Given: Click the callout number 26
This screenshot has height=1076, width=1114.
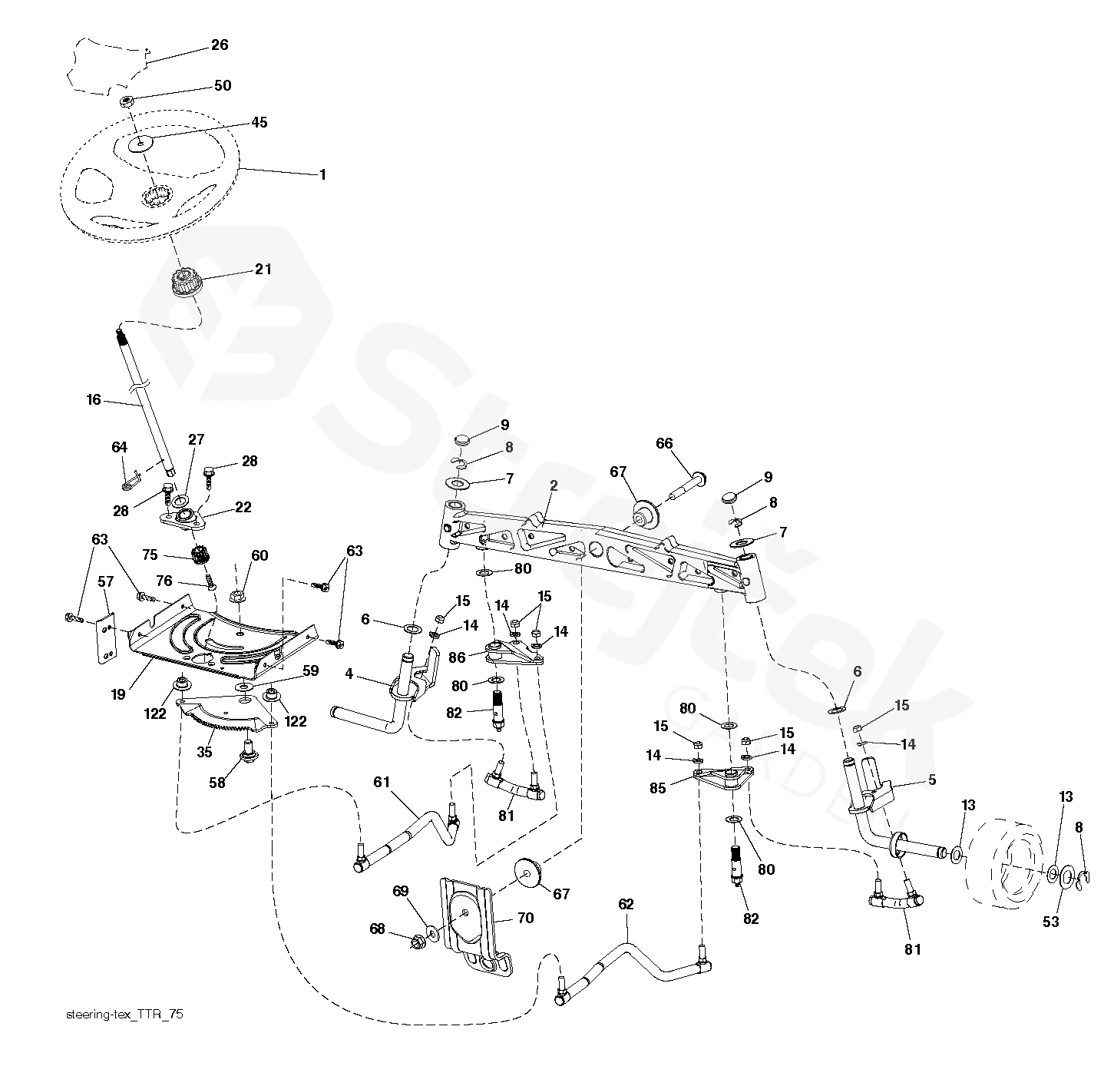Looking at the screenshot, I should [x=220, y=45].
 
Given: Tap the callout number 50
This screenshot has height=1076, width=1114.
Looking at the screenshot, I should [x=223, y=86].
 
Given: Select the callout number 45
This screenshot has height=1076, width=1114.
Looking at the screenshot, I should [x=259, y=123].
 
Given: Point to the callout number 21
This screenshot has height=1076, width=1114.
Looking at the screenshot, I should [x=263, y=269].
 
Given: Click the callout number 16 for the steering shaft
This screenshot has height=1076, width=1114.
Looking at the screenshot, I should [x=94, y=400].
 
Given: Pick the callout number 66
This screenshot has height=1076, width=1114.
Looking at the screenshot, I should [x=664, y=443].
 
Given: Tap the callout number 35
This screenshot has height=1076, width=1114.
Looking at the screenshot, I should [x=204, y=753].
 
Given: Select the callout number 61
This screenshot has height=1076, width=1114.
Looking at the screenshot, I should [x=382, y=783].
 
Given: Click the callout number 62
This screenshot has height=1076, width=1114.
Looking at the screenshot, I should [x=626, y=905].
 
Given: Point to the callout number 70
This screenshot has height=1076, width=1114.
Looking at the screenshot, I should [x=525, y=918].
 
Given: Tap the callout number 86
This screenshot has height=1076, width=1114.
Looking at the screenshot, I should [x=457, y=657].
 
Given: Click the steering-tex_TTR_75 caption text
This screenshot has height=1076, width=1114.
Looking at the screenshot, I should [x=125, y=1015].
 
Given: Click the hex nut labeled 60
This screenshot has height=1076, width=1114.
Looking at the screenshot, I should [x=237, y=594].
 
